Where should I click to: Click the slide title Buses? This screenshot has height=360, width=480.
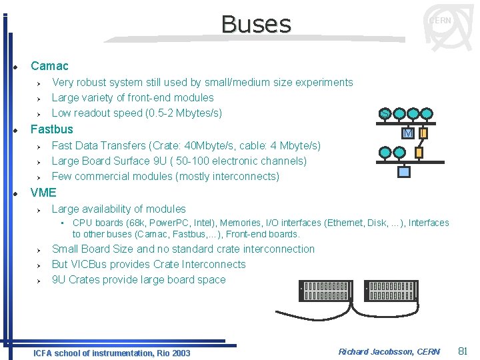pyautogui.click(x=256, y=25)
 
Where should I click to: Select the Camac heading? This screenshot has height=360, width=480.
pyautogui.click(x=49, y=66)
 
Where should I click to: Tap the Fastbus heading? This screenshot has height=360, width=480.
pyautogui.click(x=52, y=129)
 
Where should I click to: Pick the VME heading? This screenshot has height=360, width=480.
pyautogui.click(x=44, y=193)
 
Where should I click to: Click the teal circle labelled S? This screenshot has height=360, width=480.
pyautogui.click(x=385, y=114)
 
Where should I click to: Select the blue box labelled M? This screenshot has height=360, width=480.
pyautogui.click(x=409, y=134)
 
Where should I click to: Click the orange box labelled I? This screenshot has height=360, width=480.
pyautogui.click(x=423, y=134)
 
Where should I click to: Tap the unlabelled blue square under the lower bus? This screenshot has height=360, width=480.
pyautogui.click(x=404, y=172)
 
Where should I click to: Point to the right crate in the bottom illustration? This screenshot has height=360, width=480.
pyautogui.click(x=391, y=291)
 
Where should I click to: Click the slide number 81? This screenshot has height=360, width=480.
pyautogui.click(x=465, y=351)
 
